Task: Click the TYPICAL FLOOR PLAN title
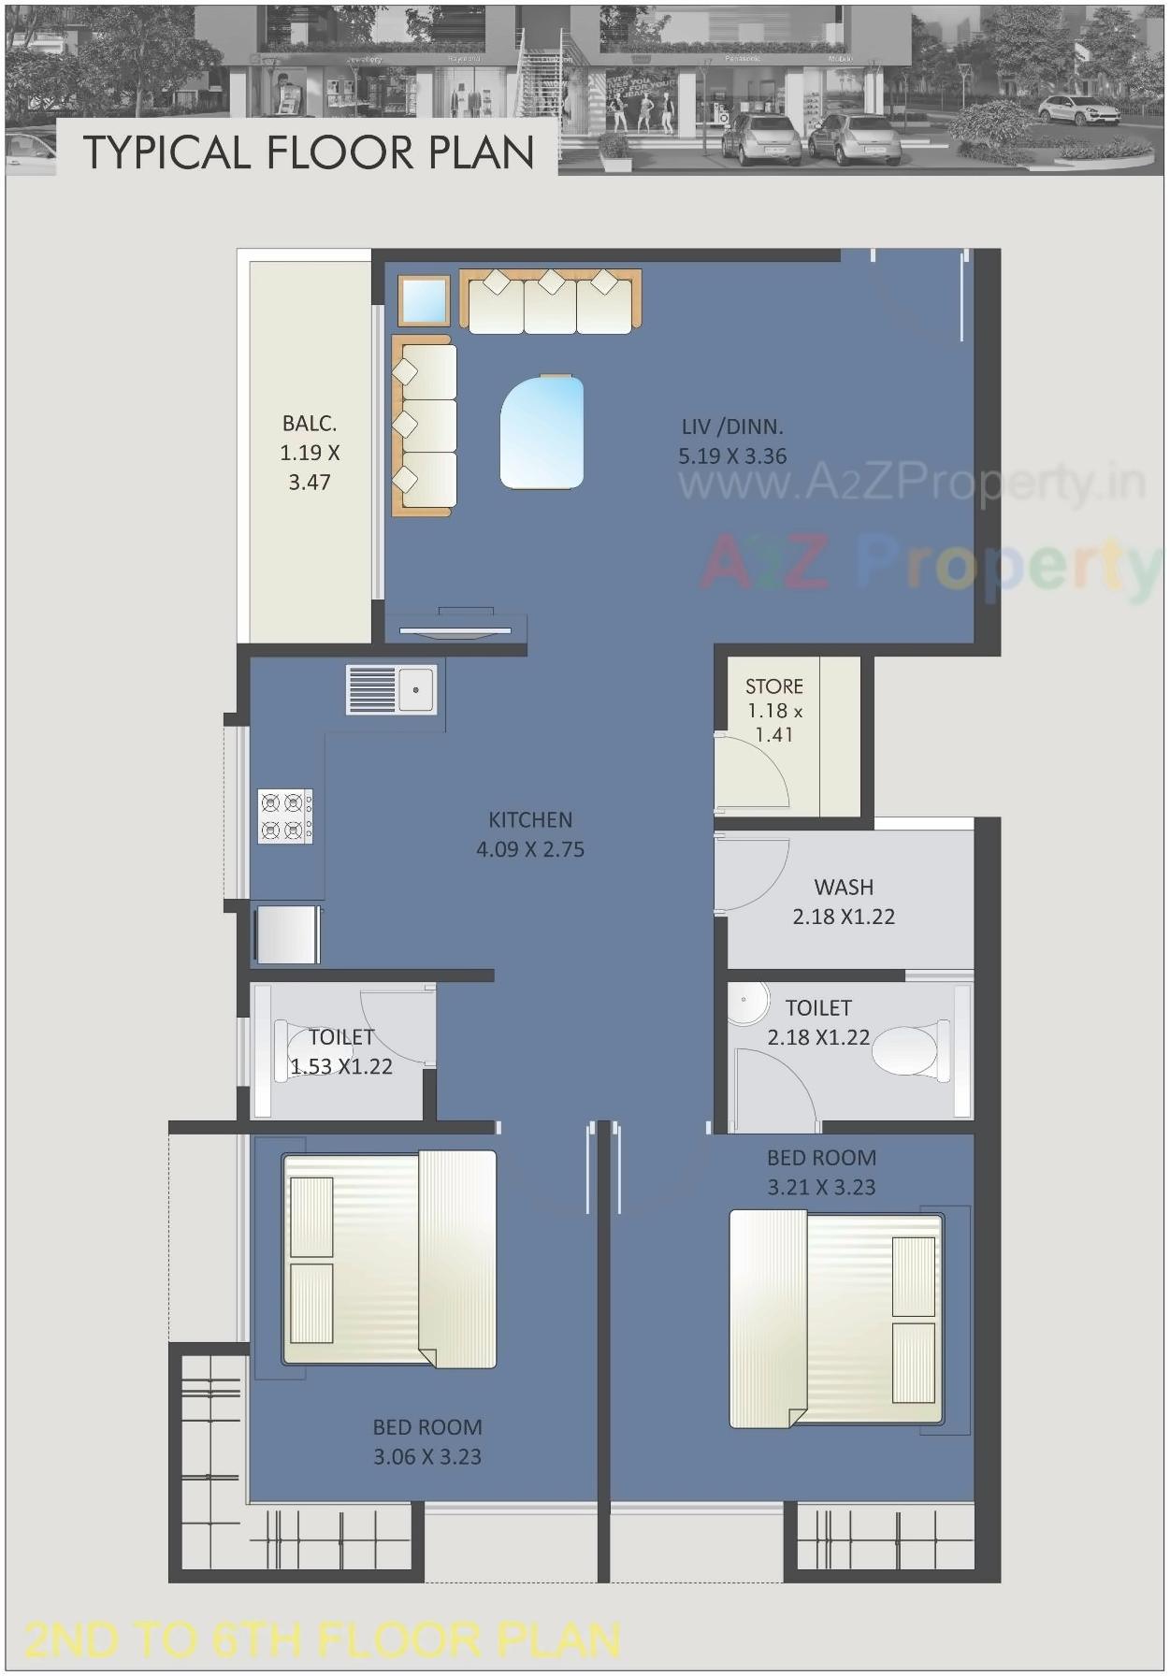click(309, 152)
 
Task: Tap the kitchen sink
click(391, 690)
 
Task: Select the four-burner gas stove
click(285, 816)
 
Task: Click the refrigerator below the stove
click(287, 933)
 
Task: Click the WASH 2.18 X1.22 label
click(844, 902)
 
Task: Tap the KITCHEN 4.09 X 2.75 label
click(530, 834)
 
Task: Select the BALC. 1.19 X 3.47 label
click(310, 453)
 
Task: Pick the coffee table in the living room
click(542, 431)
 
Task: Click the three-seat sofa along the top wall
click(550, 301)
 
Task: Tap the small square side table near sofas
click(424, 300)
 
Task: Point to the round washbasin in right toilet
click(749, 1002)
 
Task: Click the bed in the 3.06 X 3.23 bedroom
click(389, 1259)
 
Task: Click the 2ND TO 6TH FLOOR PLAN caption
click(322, 1640)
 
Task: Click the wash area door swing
click(754, 873)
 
